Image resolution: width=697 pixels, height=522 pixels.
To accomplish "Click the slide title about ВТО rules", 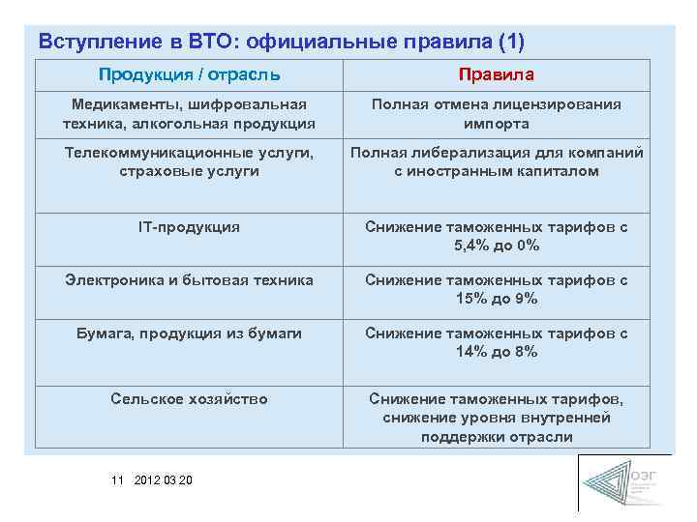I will pos(282,42).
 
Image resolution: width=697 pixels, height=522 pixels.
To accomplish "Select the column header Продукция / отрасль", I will pos(189,74).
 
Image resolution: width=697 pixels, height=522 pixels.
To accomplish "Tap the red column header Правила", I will pos(497,74).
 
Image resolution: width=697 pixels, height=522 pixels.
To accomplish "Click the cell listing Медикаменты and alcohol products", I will pos(189,114).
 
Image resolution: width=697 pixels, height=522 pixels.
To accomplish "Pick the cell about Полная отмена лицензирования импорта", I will pos(497,114).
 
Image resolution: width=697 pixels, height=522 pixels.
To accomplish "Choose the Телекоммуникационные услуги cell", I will pos(189,161).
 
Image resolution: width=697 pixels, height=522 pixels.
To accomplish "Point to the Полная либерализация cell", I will pos(497,161).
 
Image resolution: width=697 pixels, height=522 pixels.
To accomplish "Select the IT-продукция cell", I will pos(189,226).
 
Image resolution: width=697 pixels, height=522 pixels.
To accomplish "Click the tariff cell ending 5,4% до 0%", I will pos(497,236).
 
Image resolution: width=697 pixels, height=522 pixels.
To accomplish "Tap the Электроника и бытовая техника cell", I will pos(189,279).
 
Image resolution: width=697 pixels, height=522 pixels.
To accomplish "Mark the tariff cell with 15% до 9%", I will pos(497,289).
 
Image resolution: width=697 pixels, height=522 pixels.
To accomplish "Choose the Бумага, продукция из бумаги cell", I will pos(189,333).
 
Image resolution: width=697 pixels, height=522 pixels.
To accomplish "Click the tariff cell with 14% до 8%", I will pos(497,342).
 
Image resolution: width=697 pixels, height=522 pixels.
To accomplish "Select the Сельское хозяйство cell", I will pos(189,398).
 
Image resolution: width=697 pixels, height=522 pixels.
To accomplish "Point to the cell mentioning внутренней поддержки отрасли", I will pos(497,418).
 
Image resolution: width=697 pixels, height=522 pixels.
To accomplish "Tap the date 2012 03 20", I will pos(164,480).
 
